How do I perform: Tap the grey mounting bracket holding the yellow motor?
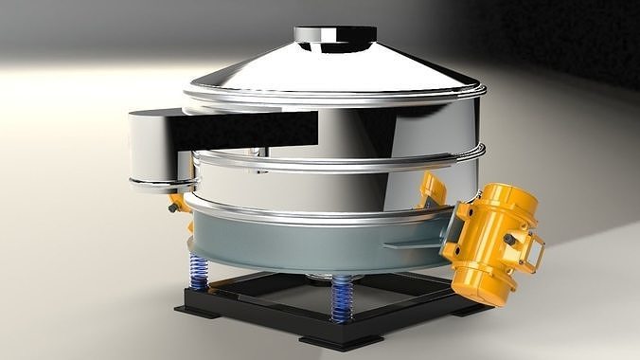click(x=460, y=227)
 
